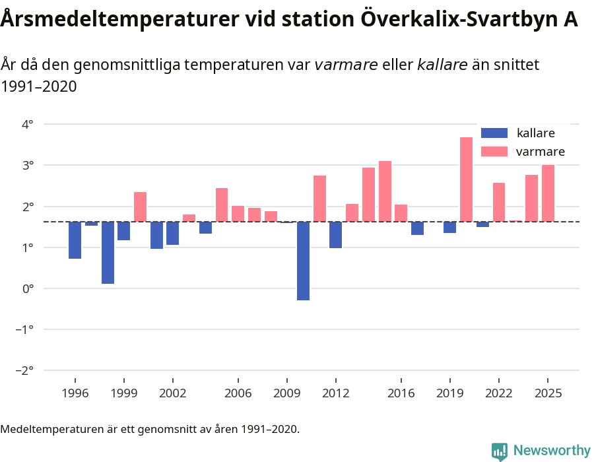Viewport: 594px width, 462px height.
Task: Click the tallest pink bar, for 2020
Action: pyautogui.click(x=466, y=180)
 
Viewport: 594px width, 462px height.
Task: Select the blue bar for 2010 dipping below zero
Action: pyautogui.click(x=303, y=261)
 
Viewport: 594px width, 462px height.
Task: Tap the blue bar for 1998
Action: pyautogui.click(x=108, y=253)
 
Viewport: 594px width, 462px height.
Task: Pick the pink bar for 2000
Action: pyautogui.click(x=140, y=207)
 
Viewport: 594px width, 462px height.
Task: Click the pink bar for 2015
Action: pyautogui.click(x=385, y=191)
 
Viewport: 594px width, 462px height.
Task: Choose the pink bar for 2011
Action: pyautogui.click(x=319, y=199)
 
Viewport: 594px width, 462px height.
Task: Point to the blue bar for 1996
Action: pyautogui.click(x=75, y=240)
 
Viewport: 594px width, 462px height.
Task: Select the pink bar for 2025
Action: pyautogui.click(x=548, y=193)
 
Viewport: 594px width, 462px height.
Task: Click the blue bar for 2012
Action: pyautogui.click(x=335, y=235)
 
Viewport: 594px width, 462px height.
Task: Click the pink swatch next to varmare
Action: pyautogui.click(x=494, y=152)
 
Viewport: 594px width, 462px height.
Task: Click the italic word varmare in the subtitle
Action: pyautogui.click(x=346, y=65)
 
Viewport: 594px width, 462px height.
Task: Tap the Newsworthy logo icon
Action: pyautogui.click(x=500, y=451)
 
